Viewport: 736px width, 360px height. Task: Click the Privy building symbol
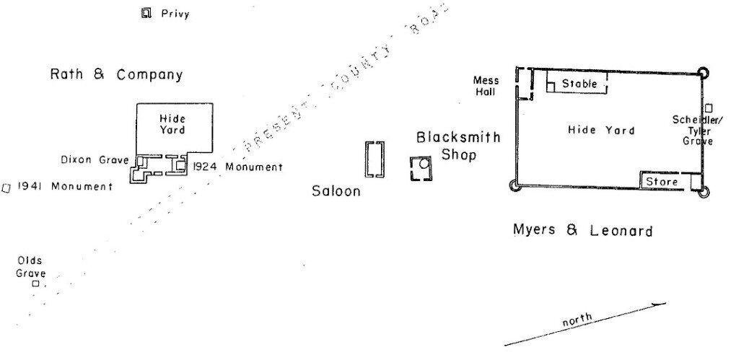[x=146, y=12]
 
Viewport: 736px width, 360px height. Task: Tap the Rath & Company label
[x=116, y=74]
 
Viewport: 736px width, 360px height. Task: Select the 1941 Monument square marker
[x=6, y=188]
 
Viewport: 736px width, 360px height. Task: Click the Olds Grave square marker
[x=35, y=284]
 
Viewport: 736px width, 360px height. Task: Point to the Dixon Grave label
[x=95, y=159]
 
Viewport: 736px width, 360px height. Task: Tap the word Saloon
[x=336, y=191]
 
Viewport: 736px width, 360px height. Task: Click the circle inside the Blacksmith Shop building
[x=424, y=164]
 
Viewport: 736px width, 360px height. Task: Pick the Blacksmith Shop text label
[x=458, y=145]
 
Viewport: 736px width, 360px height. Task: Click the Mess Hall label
[x=486, y=86]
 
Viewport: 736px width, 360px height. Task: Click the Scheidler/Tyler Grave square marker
[x=709, y=107]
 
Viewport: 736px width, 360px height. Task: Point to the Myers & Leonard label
[x=582, y=231]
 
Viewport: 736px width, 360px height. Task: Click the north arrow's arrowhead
[x=660, y=304]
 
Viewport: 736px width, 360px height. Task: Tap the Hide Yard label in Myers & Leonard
[x=601, y=130]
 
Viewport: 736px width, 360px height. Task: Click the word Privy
[x=175, y=14]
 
